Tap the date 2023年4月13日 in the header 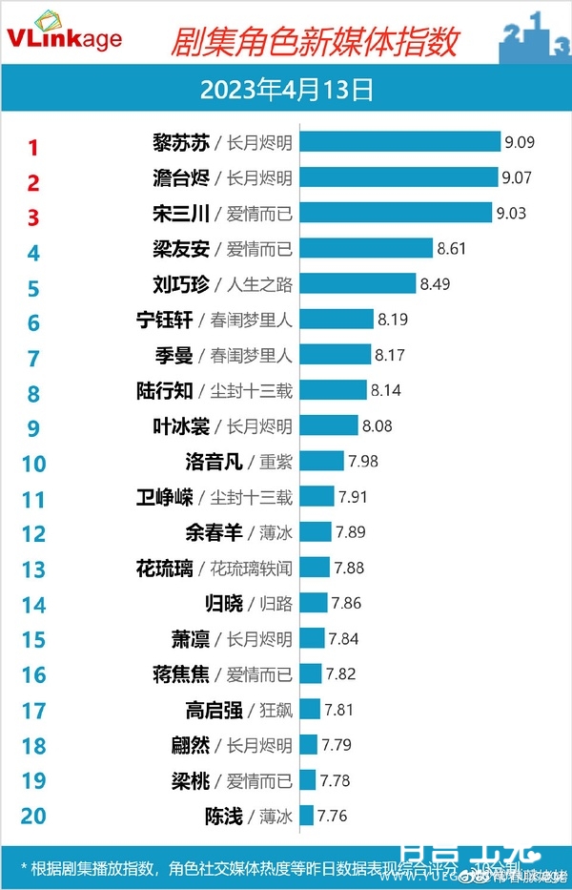[x=285, y=90]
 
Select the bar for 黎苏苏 [x=400, y=142]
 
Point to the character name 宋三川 [x=183, y=213]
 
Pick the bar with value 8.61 [x=367, y=248]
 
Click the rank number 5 [x=33, y=288]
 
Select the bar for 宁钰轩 [x=337, y=319]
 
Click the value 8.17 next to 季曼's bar [x=390, y=355]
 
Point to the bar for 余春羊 [x=316, y=531]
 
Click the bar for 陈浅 [x=306, y=815]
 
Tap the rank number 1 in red [x=33, y=147]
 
